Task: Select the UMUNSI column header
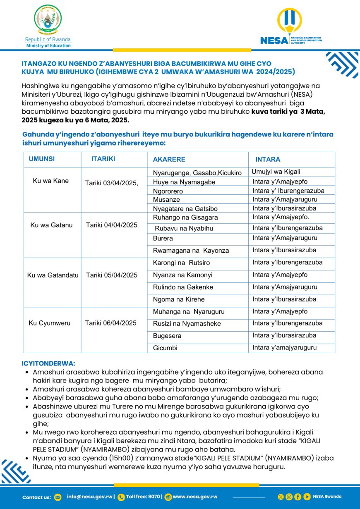[x=42, y=159]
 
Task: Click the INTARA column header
[x=268, y=159]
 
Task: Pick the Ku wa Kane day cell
[x=51, y=181]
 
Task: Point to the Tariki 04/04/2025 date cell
[x=111, y=225]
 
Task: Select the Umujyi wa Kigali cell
[x=276, y=172]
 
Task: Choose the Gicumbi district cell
[x=165, y=348]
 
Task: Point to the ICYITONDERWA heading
[x=48, y=363]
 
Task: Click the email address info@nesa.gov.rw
[x=89, y=497]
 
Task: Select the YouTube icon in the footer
[x=307, y=497]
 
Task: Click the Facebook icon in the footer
[x=298, y=497]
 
